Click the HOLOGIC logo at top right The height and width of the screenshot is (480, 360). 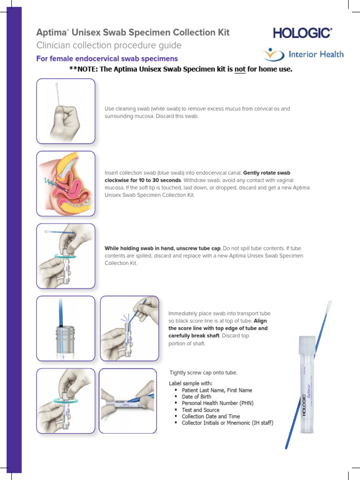click(302, 33)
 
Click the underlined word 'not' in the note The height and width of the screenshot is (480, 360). click(240, 69)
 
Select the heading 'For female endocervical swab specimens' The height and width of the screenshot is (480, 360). click(107, 59)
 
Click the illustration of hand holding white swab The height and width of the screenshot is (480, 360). click(66, 111)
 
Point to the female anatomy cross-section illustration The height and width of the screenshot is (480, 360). click(66, 183)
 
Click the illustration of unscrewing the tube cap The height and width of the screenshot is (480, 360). click(66, 255)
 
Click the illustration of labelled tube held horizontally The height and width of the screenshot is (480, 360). click(129, 401)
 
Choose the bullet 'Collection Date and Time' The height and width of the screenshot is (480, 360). click(210, 416)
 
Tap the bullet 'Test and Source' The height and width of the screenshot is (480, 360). click(200, 410)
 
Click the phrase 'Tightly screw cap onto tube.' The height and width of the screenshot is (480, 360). click(203, 373)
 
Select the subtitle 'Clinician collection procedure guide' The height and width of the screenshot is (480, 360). click(109, 45)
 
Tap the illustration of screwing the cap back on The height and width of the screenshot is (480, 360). click(66, 401)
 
